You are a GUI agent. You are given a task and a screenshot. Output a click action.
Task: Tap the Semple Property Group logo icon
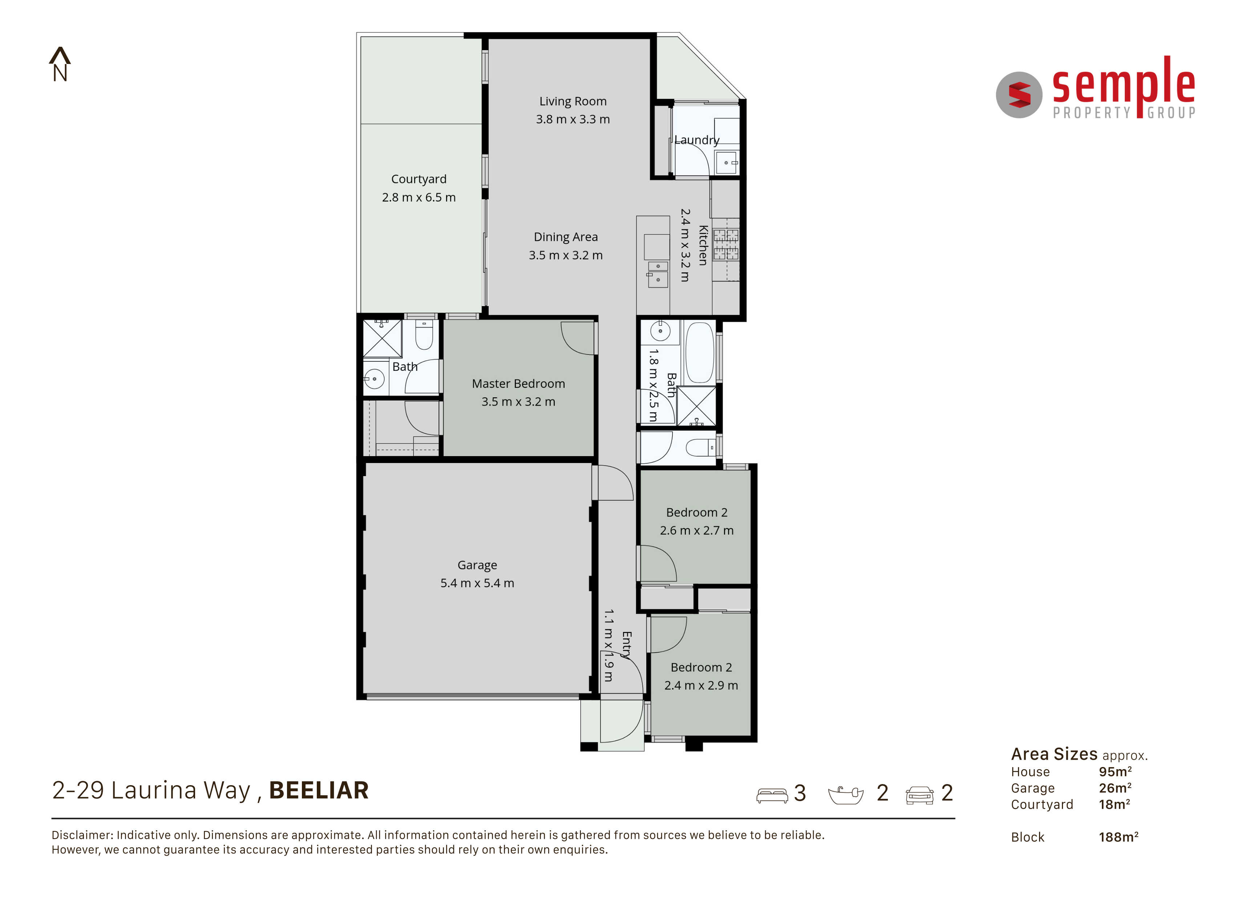point(1019,95)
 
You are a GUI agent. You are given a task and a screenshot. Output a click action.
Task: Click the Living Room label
point(573,101)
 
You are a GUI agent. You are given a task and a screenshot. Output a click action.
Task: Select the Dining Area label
point(566,237)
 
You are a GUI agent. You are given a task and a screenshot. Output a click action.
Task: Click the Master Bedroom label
point(518,383)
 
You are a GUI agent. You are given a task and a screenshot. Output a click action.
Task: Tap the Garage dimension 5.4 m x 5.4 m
point(477,583)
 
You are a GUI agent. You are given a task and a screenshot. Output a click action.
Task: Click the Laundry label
point(697,140)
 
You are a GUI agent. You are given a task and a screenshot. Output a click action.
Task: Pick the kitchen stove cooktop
point(726,244)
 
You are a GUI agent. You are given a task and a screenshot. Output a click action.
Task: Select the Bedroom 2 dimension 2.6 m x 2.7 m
point(697,530)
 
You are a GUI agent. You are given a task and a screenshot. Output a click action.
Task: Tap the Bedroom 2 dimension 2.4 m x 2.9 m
point(701,685)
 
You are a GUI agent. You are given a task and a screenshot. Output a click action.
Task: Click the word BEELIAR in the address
point(319,790)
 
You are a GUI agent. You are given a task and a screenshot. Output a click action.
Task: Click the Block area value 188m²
point(1119,837)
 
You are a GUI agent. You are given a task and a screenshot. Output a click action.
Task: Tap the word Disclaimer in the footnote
point(82,835)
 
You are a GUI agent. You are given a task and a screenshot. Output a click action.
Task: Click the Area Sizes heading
point(1054,754)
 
